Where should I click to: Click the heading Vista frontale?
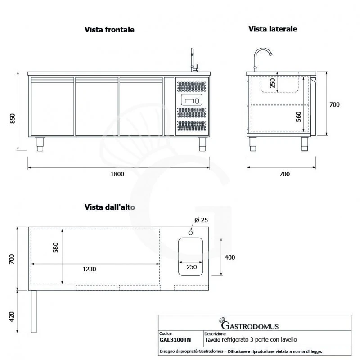pyautogui.click(x=109, y=30)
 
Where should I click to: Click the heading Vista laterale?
pyautogui.click(x=273, y=29)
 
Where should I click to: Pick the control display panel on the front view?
pyautogui.click(x=193, y=100)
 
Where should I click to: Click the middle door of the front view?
pyautogui.click(x=97, y=106)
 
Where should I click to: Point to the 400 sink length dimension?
pyautogui.click(x=229, y=257)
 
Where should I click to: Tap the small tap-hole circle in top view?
pyautogui.click(x=191, y=233)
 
